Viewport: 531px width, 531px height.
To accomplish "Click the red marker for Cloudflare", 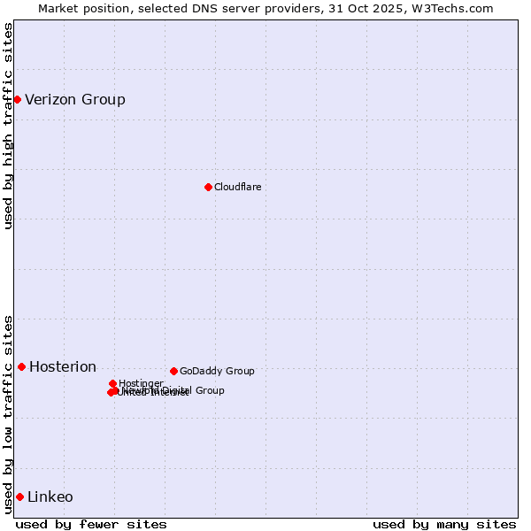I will tap(208, 187).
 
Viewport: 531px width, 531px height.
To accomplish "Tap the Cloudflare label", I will tap(237, 187).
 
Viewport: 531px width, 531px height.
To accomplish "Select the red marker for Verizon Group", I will tap(17, 99).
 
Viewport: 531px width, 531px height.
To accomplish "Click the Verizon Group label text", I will tap(75, 99).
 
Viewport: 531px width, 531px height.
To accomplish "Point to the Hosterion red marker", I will tap(21, 366).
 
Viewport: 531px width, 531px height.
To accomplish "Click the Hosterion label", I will tap(63, 366).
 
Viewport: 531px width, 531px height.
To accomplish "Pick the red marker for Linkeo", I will tap(19, 496).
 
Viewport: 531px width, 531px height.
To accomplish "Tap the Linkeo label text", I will tap(50, 496).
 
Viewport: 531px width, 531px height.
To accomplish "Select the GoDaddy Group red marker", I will tap(173, 371).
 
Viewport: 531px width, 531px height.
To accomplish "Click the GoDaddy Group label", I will tap(217, 371).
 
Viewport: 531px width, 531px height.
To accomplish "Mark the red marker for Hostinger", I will tap(113, 383).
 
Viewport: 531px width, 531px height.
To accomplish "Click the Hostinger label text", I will tap(141, 383).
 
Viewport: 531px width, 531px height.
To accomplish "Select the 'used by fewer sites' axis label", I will tap(91, 524).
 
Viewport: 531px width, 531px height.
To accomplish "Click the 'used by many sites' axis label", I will tap(444, 524).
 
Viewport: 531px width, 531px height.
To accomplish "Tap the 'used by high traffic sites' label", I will tap(8, 126).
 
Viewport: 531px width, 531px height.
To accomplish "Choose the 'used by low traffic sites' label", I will tap(8, 414).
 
